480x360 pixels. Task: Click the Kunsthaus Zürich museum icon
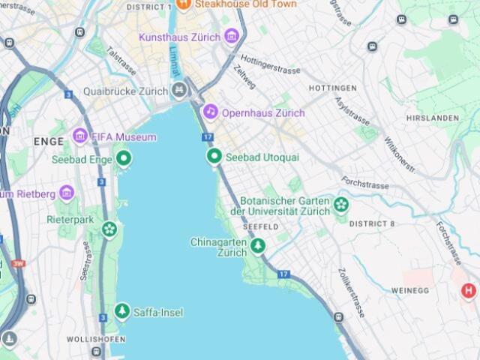click(x=231, y=37)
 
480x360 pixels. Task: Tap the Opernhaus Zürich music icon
click(x=211, y=112)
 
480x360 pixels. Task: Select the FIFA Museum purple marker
click(x=79, y=136)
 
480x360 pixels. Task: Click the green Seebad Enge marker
click(x=123, y=158)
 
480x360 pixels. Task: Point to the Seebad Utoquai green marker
click(x=214, y=156)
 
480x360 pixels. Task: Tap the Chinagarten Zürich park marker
click(x=258, y=245)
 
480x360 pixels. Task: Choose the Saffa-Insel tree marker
click(x=121, y=310)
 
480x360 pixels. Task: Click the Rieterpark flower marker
click(x=109, y=229)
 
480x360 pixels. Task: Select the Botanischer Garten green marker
click(x=341, y=204)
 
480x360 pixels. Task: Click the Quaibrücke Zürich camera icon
click(x=178, y=91)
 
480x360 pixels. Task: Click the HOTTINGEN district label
click(x=333, y=88)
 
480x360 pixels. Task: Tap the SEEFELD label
click(x=261, y=226)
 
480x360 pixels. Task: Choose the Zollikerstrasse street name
click(x=351, y=292)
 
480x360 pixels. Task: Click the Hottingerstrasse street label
click(x=271, y=69)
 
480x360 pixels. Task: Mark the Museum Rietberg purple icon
click(x=66, y=193)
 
